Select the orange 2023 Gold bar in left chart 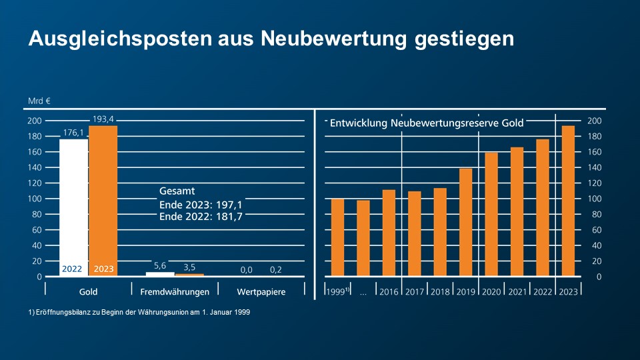click(103, 200)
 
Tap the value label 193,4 click(103, 119)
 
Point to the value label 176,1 click(73, 131)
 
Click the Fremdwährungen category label click(175, 291)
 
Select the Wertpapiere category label click(261, 291)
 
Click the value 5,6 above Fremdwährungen click(160, 265)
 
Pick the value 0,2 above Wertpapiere click(275, 269)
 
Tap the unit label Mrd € click(39, 101)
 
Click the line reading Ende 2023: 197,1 click(200, 204)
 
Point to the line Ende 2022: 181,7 click(200, 217)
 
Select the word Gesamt click(177, 191)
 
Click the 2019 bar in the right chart click(465, 222)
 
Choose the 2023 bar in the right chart click(568, 201)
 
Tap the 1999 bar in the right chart click(337, 237)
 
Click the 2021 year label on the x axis click(517, 292)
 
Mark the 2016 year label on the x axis click(389, 292)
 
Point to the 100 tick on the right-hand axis click(593, 199)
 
